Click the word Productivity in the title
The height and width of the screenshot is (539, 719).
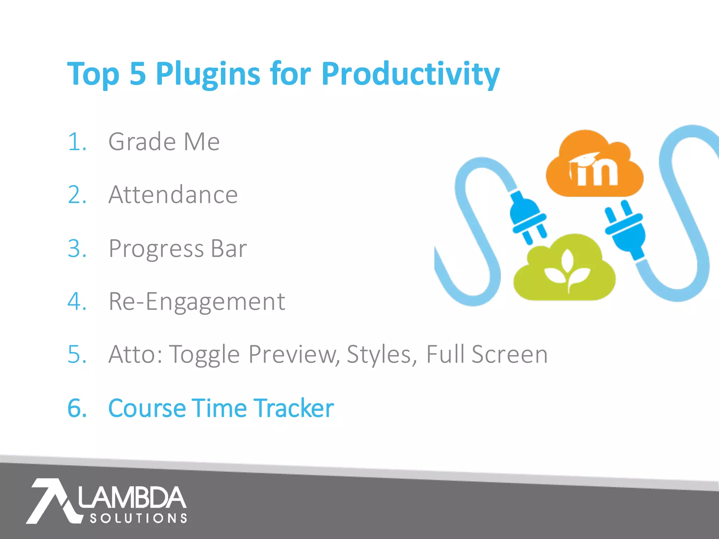point(410,74)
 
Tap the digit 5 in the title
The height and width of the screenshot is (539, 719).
point(138,74)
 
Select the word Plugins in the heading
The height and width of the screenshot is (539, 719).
point(208,74)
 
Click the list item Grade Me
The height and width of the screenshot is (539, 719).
point(164,142)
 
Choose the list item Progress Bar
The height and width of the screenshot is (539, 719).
point(178,248)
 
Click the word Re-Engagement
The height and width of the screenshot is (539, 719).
point(197,301)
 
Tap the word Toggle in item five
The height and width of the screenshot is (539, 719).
point(205,354)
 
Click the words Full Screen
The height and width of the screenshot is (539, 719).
point(487,354)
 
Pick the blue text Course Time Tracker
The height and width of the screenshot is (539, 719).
point(221,408)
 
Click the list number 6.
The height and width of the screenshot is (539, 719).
point(77,408)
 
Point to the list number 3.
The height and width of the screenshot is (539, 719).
point(77,248)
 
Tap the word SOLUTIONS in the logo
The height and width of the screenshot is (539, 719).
point(138,518)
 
